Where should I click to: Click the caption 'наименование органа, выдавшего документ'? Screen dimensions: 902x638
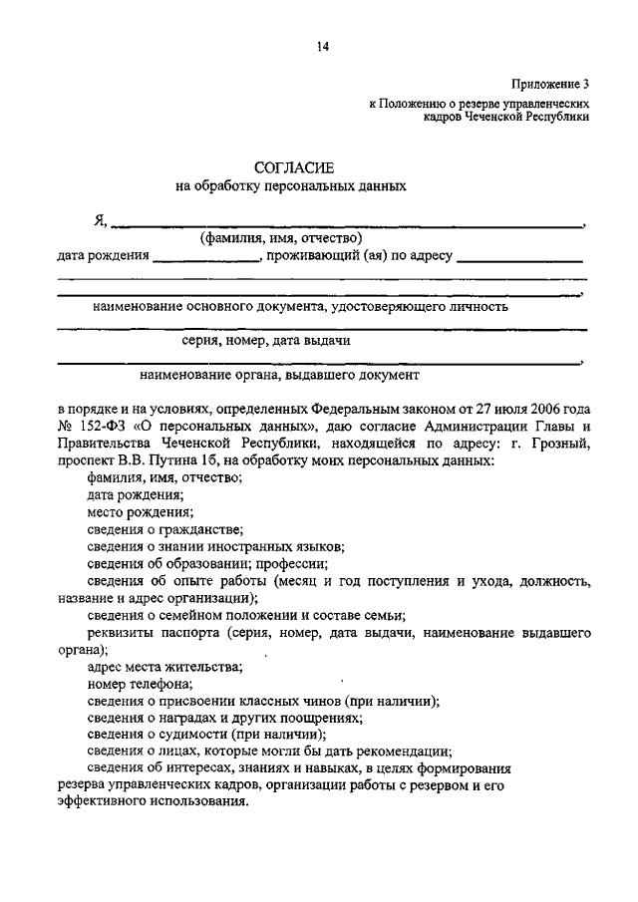pyautogui.click(x=279, y=376)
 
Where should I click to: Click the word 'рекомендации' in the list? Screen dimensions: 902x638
pyautogui.click(x=407, y=752)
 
